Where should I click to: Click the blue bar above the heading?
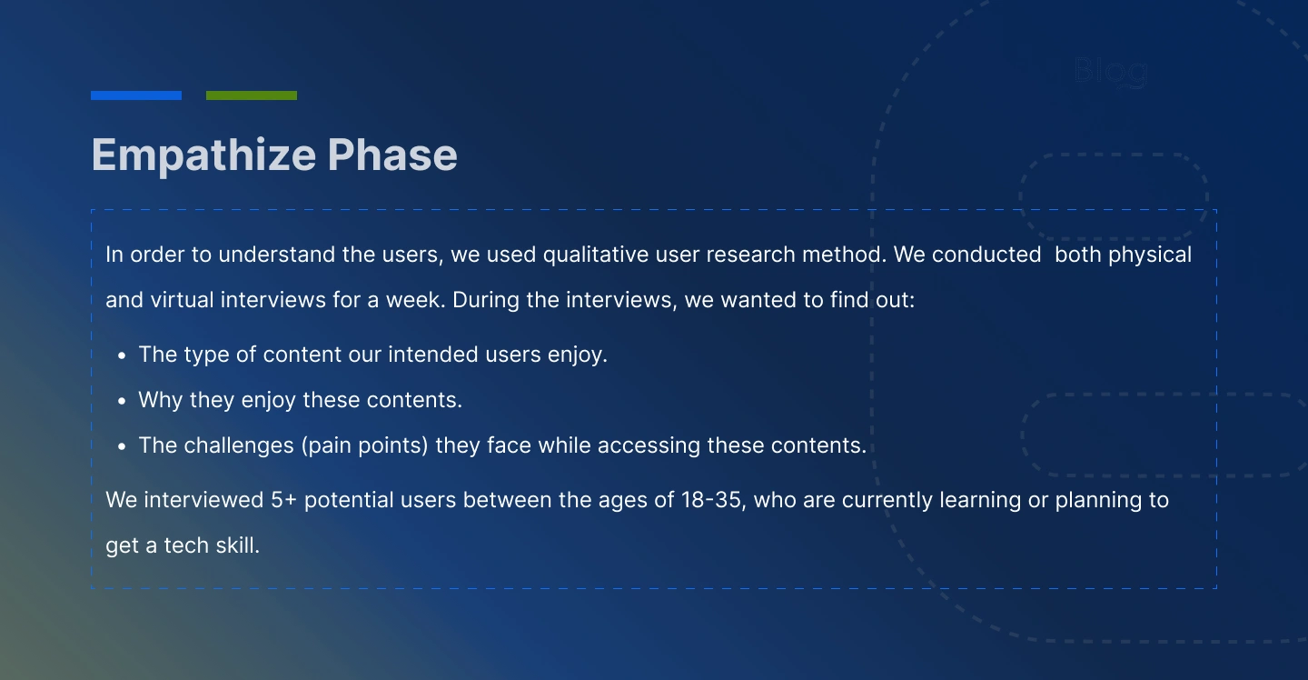point(136,95)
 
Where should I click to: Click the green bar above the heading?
point(252,95)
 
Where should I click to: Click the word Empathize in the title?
point(203,156)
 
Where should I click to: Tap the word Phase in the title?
point(392,155)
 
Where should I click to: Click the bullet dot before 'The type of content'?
point(122,355)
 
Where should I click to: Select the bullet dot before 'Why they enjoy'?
point(122,401)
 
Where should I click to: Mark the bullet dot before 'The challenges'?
point(122,446)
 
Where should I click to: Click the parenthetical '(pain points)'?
point(365,445)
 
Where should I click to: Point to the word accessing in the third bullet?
point(649,446)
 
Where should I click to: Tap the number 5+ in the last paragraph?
point(283,500)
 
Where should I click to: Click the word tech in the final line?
point(186,545)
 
